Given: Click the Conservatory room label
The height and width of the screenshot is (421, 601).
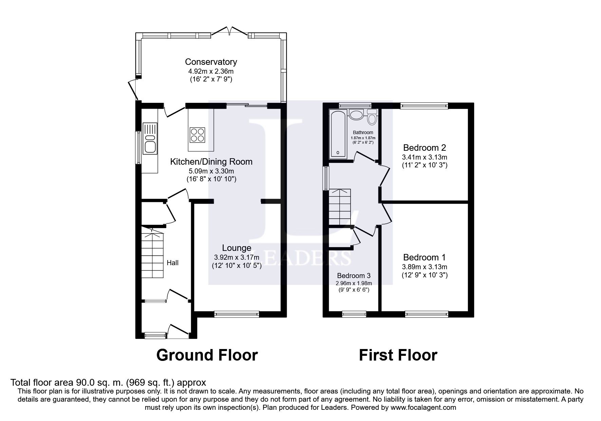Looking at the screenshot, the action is point(211,62).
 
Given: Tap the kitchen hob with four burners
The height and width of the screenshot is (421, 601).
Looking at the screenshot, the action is point(198,134).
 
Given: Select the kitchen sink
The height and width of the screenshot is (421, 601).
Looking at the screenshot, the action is point(150,138).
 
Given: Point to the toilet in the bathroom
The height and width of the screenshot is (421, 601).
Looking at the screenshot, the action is point(372,118).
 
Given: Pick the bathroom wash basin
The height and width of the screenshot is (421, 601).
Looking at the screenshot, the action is point(356,114).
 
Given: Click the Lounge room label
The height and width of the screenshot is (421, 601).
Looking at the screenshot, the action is point(237,248).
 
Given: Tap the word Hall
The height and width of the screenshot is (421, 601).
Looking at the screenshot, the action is point(172,263).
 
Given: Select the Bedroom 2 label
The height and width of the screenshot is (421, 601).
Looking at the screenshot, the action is point(425,148).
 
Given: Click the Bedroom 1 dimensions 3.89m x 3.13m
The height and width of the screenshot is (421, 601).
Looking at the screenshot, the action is point(425,267).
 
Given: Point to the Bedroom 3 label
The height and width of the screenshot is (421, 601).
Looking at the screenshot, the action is point(354,276).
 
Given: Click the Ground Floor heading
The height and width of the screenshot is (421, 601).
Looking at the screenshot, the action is point(207,355).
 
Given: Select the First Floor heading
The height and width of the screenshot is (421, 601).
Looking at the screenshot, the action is point(398,355).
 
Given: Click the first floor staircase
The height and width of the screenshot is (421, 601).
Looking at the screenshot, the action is point(340,207).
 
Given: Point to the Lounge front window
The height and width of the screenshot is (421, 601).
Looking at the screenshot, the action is point(237,314).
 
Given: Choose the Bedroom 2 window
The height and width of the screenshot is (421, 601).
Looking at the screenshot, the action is point(424,106).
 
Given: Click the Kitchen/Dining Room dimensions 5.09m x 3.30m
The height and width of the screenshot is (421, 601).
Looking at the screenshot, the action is point(211,171).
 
